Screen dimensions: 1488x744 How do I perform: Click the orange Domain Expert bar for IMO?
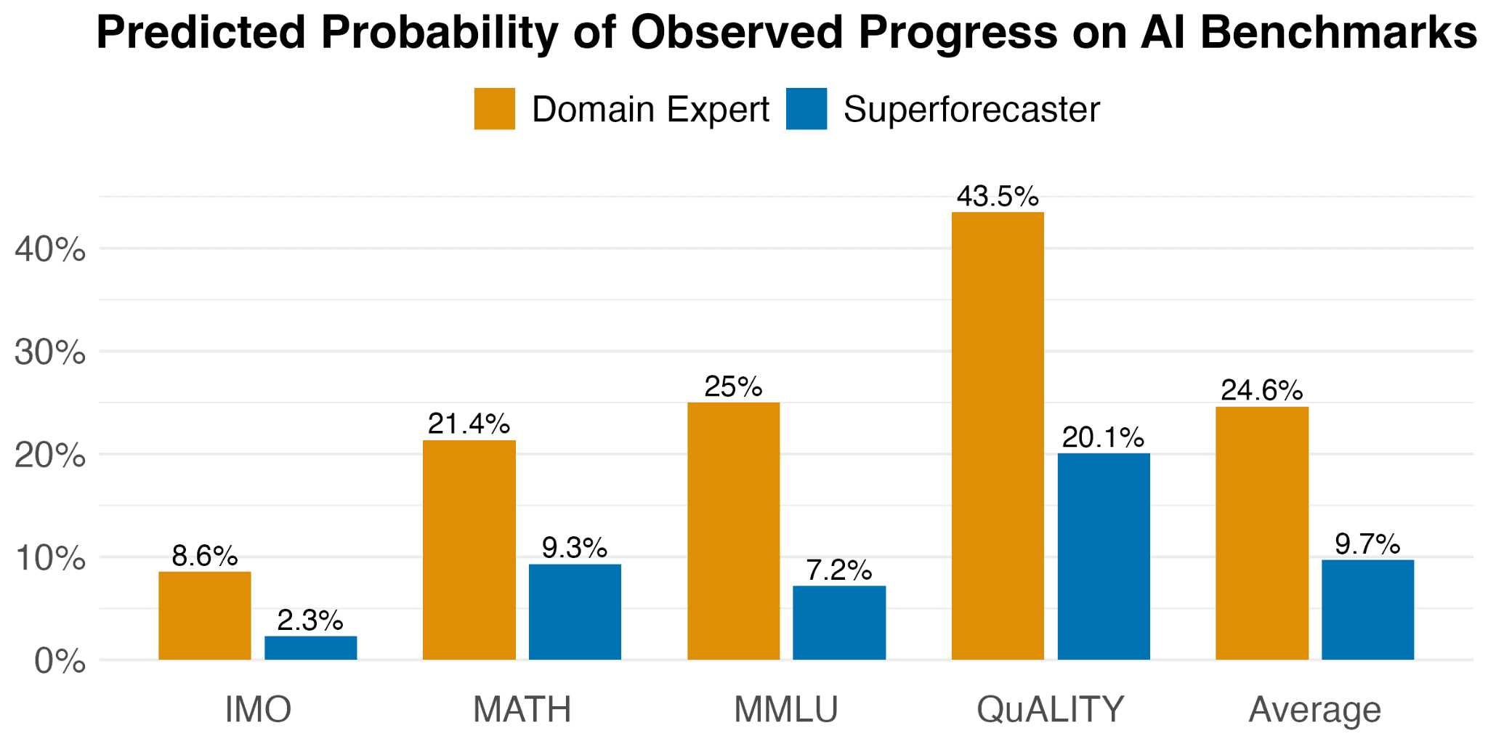pos(205,615)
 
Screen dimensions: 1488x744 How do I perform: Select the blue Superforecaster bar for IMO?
pos(311,648)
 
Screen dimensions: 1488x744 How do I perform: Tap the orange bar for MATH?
pos(469,550)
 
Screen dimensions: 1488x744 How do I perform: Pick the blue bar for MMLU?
pos(839,623)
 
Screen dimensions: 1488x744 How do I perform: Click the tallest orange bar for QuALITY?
pos(998,436)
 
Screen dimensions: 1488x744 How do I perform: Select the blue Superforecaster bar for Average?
pos(1368,610)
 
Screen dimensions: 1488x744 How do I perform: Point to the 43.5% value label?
pos(998,196)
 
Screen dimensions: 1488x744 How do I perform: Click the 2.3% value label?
pos(310,620)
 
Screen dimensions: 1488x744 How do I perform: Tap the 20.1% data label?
pos(1103,437)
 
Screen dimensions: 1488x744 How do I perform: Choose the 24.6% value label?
pos(1262,391)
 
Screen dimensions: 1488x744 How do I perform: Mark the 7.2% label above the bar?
pos(839,570)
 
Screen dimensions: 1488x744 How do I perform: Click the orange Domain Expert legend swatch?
pos(495,109)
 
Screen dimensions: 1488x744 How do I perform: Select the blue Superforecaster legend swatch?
pos(806,109)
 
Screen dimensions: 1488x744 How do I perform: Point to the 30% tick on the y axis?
pos(50,354)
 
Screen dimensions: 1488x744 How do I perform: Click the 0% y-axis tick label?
pos(60,662)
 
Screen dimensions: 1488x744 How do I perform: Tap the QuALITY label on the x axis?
pos(1051,709)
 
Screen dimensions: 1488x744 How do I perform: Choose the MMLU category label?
pos(786,709)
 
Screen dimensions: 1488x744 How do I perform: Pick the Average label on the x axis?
pos(1315,711)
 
